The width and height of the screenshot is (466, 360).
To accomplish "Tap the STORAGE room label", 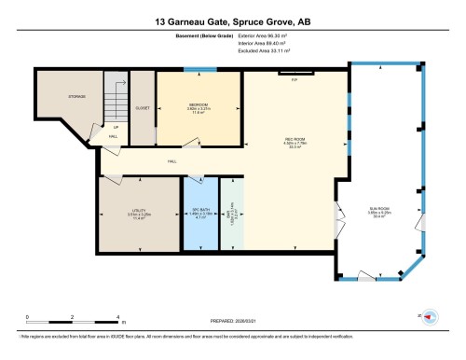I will [75, 97].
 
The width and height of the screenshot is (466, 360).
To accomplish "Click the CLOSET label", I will [143, 108].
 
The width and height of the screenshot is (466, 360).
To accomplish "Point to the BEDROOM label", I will [199, 104].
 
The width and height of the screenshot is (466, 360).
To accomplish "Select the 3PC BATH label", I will [198, 210].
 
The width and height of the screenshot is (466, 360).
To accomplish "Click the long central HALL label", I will [172, 161].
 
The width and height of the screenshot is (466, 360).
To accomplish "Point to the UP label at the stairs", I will [116, 127].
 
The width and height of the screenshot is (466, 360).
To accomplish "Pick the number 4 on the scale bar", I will [117, 317].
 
